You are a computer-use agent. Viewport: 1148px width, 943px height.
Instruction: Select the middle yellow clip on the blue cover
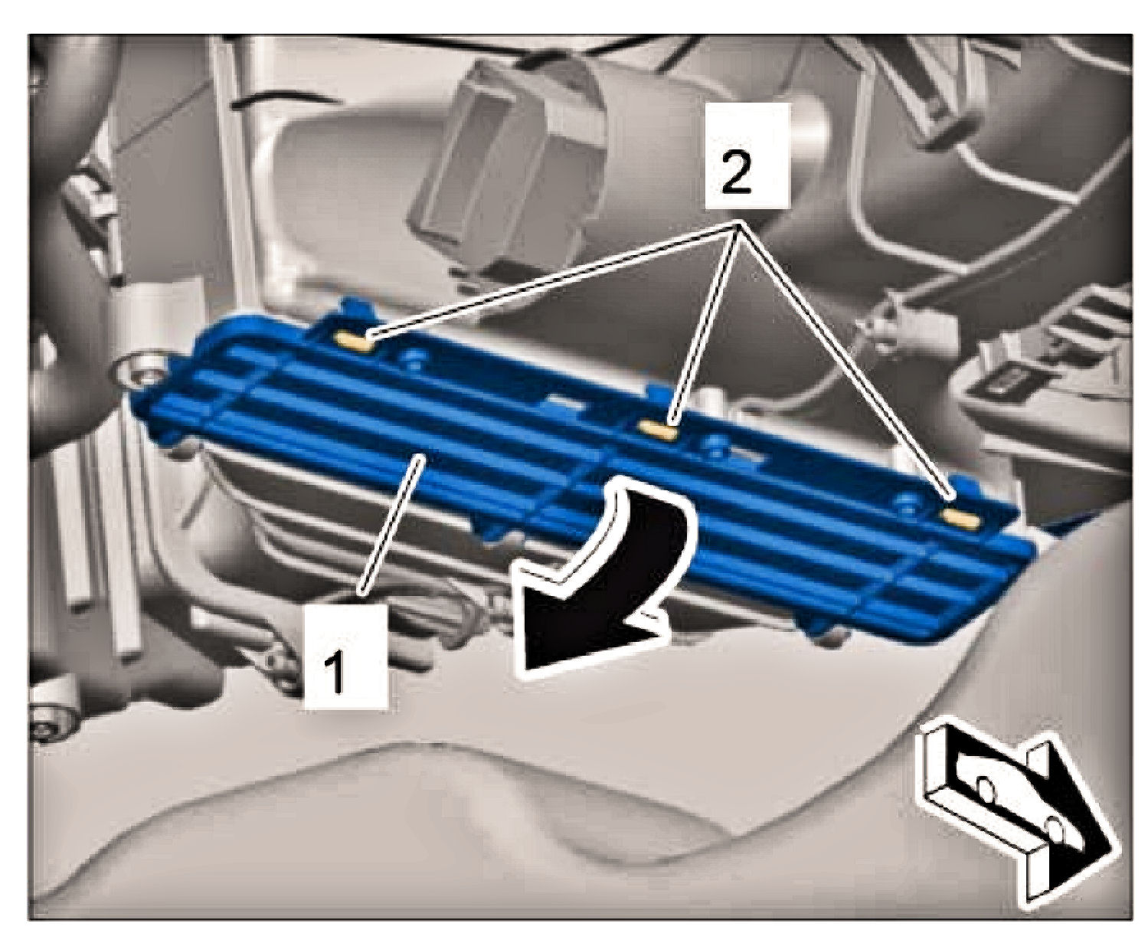pos(658,430)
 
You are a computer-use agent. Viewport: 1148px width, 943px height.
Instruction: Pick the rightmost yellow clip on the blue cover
pos(960,518)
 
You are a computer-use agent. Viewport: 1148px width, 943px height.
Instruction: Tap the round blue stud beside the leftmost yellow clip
pos(414,358)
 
